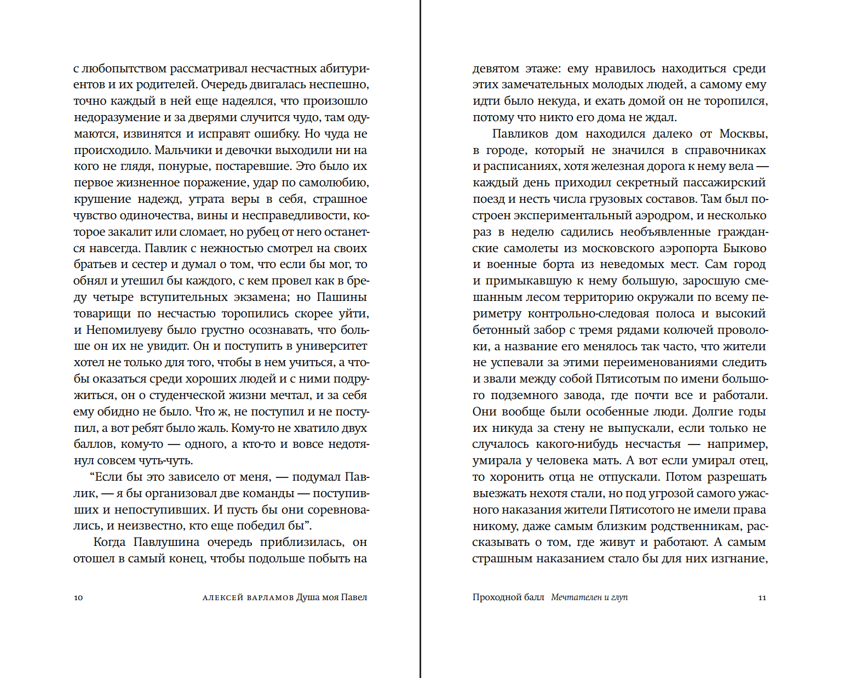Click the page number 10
coord(78,597)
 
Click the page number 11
coord(762,597)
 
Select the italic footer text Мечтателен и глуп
coord(589,597)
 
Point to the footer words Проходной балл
coord(508,597)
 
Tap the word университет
coord(331,346)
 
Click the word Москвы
coord(743,134)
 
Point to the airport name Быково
coord(745,248)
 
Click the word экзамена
coord(262,297)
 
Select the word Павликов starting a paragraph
coord(520,134)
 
